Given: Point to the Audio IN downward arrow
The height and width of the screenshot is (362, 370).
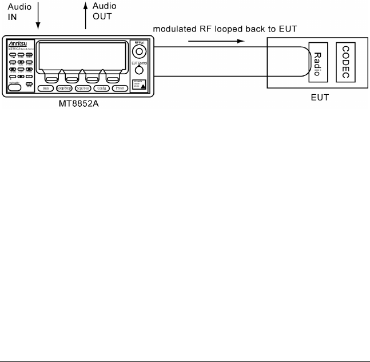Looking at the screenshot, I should (x=38, y=15).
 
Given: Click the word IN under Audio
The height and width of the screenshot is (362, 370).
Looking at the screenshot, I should (x=12, y=17).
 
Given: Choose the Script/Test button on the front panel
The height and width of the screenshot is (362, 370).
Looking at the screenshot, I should (x=92, y=88).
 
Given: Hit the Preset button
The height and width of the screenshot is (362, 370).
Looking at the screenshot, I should (x=121, y=88).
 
